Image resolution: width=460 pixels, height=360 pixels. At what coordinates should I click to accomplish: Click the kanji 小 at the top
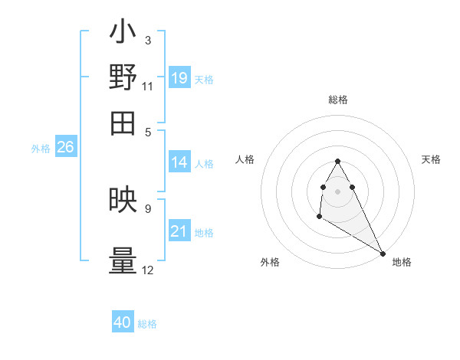click(123, 34)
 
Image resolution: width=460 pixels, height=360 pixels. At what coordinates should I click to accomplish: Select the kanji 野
click(123, 78)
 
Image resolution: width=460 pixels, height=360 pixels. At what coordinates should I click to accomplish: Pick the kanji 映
click(123, 201)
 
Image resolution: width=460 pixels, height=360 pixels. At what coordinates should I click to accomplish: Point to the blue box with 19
click(179, 77)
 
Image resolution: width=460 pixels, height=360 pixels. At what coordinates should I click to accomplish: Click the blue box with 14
click(179, 162)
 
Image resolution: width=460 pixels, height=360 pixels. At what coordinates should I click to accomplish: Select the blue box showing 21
click(179, 231)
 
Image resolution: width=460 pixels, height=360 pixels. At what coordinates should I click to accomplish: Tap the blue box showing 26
click(65, 147)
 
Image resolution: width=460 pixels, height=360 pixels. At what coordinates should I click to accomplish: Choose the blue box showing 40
click(123, 322)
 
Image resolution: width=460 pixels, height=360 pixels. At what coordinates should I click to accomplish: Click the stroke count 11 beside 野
click(148, 86)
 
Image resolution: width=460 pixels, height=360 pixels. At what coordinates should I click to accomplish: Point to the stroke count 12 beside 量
click(148, 270)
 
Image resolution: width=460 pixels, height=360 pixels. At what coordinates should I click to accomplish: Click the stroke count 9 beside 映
click(148, 208)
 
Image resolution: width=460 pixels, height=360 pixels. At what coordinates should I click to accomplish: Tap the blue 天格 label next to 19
click(204, 79)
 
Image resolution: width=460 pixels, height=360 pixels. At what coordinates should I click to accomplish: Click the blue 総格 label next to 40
click(147, 324)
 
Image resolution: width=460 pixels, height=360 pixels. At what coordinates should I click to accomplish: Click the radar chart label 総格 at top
click(337, 100)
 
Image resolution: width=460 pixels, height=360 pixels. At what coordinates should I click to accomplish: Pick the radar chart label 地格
click(402, 262)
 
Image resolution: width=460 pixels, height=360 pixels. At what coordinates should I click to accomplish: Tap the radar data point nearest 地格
click(383, 253)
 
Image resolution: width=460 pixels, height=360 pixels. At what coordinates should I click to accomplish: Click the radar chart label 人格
click(245, 159)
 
